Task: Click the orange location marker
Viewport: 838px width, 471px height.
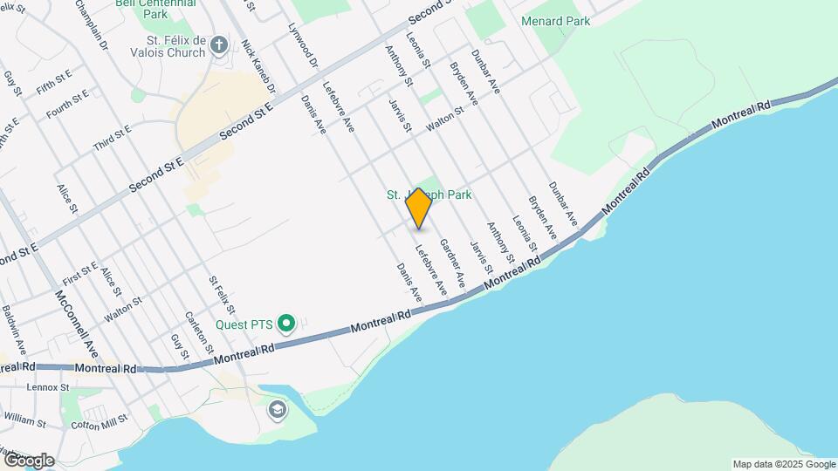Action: (419, 208)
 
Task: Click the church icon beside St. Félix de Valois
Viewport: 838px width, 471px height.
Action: (218, 44)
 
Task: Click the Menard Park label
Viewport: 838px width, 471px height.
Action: (555, 21)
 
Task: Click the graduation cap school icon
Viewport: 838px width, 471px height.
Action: (278, 410)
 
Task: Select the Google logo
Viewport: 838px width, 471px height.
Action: (28, 461)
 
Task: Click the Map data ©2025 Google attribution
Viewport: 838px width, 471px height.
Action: (784, 464)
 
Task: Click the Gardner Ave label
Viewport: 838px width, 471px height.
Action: (451, 263)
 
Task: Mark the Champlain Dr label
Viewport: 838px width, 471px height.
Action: (91, 24)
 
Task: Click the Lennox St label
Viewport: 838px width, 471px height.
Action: (48, 386)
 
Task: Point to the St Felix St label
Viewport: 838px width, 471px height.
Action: (222, 295)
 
